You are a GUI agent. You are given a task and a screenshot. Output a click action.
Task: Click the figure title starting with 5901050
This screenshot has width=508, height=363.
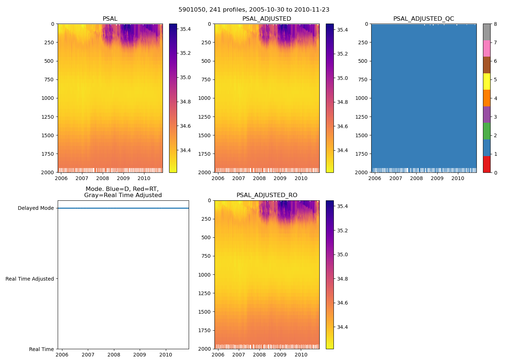pos(254,10)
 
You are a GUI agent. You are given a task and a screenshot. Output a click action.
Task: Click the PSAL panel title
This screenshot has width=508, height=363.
pos(110,19)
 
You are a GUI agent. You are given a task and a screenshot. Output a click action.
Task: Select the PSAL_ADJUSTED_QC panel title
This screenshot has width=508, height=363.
pos(423,19)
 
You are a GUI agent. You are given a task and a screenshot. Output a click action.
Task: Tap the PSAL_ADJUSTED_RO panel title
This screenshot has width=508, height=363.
pos(267,195)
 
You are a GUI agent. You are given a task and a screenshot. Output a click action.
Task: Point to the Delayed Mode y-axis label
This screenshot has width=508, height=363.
pos(36,208)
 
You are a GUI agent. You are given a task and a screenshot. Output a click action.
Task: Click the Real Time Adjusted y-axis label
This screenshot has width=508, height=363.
pos(30,279)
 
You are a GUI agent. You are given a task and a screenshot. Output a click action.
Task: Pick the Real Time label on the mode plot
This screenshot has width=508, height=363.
pos(41,349)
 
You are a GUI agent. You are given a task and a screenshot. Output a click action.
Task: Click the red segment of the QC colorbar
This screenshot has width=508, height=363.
pos(487,164)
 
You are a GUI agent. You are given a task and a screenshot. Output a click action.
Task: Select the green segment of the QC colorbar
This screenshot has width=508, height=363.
pos(487,131)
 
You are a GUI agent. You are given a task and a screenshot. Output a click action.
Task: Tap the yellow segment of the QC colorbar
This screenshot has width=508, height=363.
pos(487,81)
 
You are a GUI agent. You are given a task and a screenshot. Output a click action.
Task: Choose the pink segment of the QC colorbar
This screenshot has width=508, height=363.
pos(487,48)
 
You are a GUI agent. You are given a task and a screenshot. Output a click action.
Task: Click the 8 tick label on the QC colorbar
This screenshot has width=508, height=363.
pos(495,24)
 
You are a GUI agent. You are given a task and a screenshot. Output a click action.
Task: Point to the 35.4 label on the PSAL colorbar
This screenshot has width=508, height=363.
pos(185,29)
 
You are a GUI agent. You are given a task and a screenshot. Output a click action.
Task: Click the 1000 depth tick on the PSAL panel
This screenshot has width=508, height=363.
pos(48,98)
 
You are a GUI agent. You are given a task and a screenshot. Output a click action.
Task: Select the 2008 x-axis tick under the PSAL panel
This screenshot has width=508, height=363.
pos(103,178)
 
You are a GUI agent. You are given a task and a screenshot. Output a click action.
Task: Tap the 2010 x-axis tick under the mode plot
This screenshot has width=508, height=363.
pos(166,355)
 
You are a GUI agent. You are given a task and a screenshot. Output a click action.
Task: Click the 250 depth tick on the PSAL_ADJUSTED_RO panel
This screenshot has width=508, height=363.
pos(206,219)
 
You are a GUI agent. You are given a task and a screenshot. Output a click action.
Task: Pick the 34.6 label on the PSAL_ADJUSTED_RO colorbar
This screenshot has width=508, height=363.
pos(342,303)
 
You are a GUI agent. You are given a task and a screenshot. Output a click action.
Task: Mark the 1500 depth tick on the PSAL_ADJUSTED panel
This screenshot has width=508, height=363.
pos(204,135)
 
